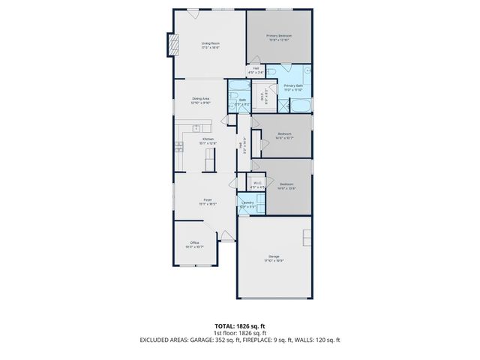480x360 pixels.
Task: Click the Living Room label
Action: tap(209, 45)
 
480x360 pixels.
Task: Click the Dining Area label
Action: tap(200, 100)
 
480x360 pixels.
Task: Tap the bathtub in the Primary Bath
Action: tap(301, 104)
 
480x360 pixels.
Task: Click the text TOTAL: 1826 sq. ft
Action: tap(239, 326)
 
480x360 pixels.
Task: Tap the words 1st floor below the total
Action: tap(225, 333)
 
